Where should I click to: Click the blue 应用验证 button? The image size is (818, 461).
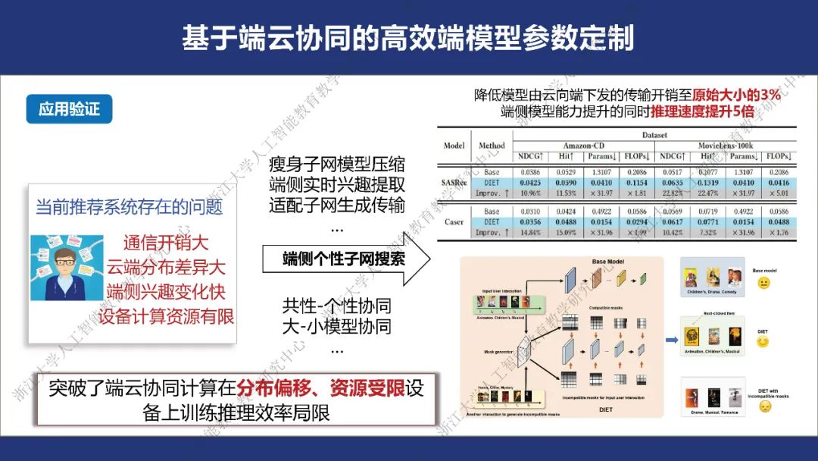(x=69, y=109)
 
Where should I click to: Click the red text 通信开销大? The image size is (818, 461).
(x=166, y=243)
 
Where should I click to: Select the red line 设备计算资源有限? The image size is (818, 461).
(x=166, y=316)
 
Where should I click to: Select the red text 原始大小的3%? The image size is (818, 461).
(x=736, y=96)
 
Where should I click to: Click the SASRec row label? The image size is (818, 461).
(x=454, y=183)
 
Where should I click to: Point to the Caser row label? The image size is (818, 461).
(x=454, y=222)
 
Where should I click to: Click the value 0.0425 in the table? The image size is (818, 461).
(x=529, y=183)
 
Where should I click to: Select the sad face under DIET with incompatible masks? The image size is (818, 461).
(x=766, y=406)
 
